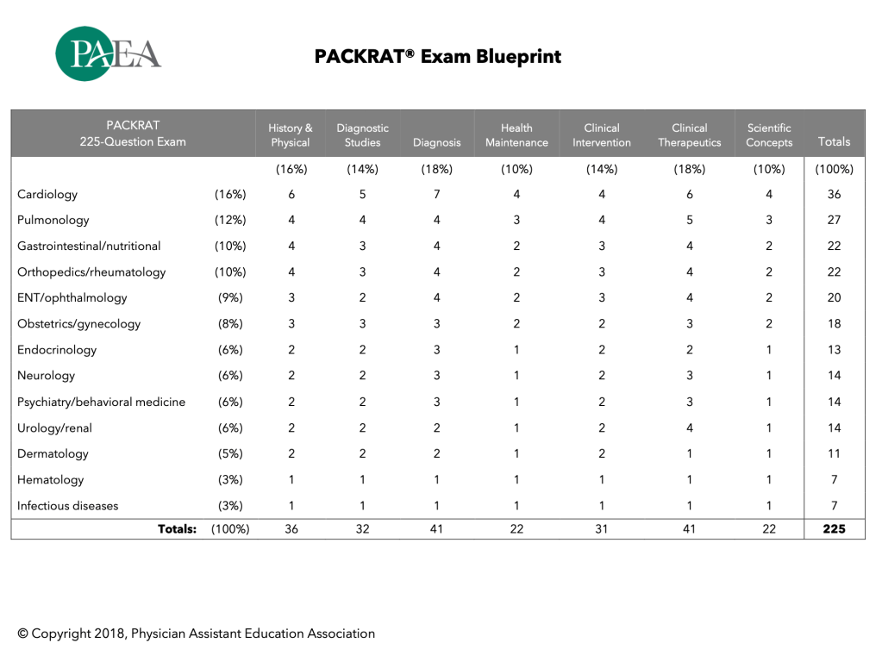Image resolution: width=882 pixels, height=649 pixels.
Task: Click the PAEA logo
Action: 108,53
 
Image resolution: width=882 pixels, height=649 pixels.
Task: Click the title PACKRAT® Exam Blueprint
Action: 437,57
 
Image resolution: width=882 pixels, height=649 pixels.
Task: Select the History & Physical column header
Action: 290,135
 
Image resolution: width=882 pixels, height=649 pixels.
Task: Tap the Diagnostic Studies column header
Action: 362,135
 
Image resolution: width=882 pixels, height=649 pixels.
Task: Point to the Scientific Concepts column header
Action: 769,135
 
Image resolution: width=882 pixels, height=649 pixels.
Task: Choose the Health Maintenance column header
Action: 516,135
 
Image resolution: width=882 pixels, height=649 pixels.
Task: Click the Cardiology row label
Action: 47,195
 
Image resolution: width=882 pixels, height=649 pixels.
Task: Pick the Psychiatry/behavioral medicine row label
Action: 101,403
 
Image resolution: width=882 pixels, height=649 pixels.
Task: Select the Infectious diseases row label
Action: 68,506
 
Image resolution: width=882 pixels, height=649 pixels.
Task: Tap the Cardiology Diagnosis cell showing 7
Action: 436,195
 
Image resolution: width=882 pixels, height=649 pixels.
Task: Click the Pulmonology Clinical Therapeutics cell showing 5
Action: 689,221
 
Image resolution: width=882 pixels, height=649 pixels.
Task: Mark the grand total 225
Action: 834,529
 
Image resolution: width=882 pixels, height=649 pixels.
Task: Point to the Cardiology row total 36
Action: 834,195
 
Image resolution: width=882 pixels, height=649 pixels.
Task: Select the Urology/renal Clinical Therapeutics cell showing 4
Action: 689,428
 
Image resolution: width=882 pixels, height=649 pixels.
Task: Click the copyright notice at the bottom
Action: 196,633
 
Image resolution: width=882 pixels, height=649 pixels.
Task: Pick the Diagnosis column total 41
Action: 436,529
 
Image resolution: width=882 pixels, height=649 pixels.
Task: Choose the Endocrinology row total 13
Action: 834,351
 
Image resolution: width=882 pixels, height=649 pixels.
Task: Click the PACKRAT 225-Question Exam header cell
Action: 133,134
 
